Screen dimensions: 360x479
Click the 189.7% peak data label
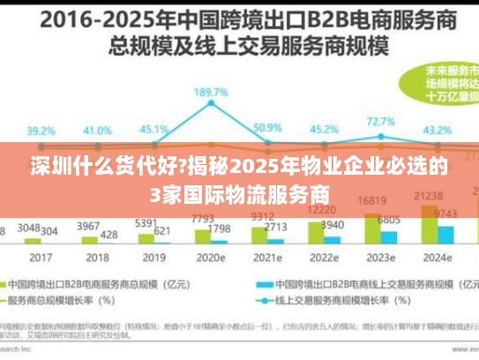point(213,92)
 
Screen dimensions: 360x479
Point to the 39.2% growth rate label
point(41,131)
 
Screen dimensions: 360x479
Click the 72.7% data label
point(379,122)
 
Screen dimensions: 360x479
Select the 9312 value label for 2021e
point(262,216)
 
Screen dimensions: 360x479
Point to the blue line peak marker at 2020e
point(213,105)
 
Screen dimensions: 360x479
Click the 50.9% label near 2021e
point(266,128)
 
